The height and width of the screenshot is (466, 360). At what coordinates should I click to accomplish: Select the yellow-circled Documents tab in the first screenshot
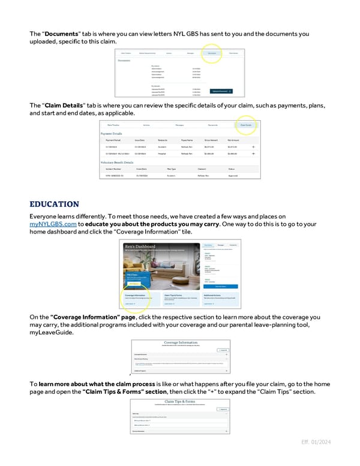coord(212,53)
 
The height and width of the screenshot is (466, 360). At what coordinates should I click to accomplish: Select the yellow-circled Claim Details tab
coord(245,125)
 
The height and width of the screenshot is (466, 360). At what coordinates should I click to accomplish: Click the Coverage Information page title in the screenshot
coord(181,343)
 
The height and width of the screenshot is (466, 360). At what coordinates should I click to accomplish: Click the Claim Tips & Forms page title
coord(181,400)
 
